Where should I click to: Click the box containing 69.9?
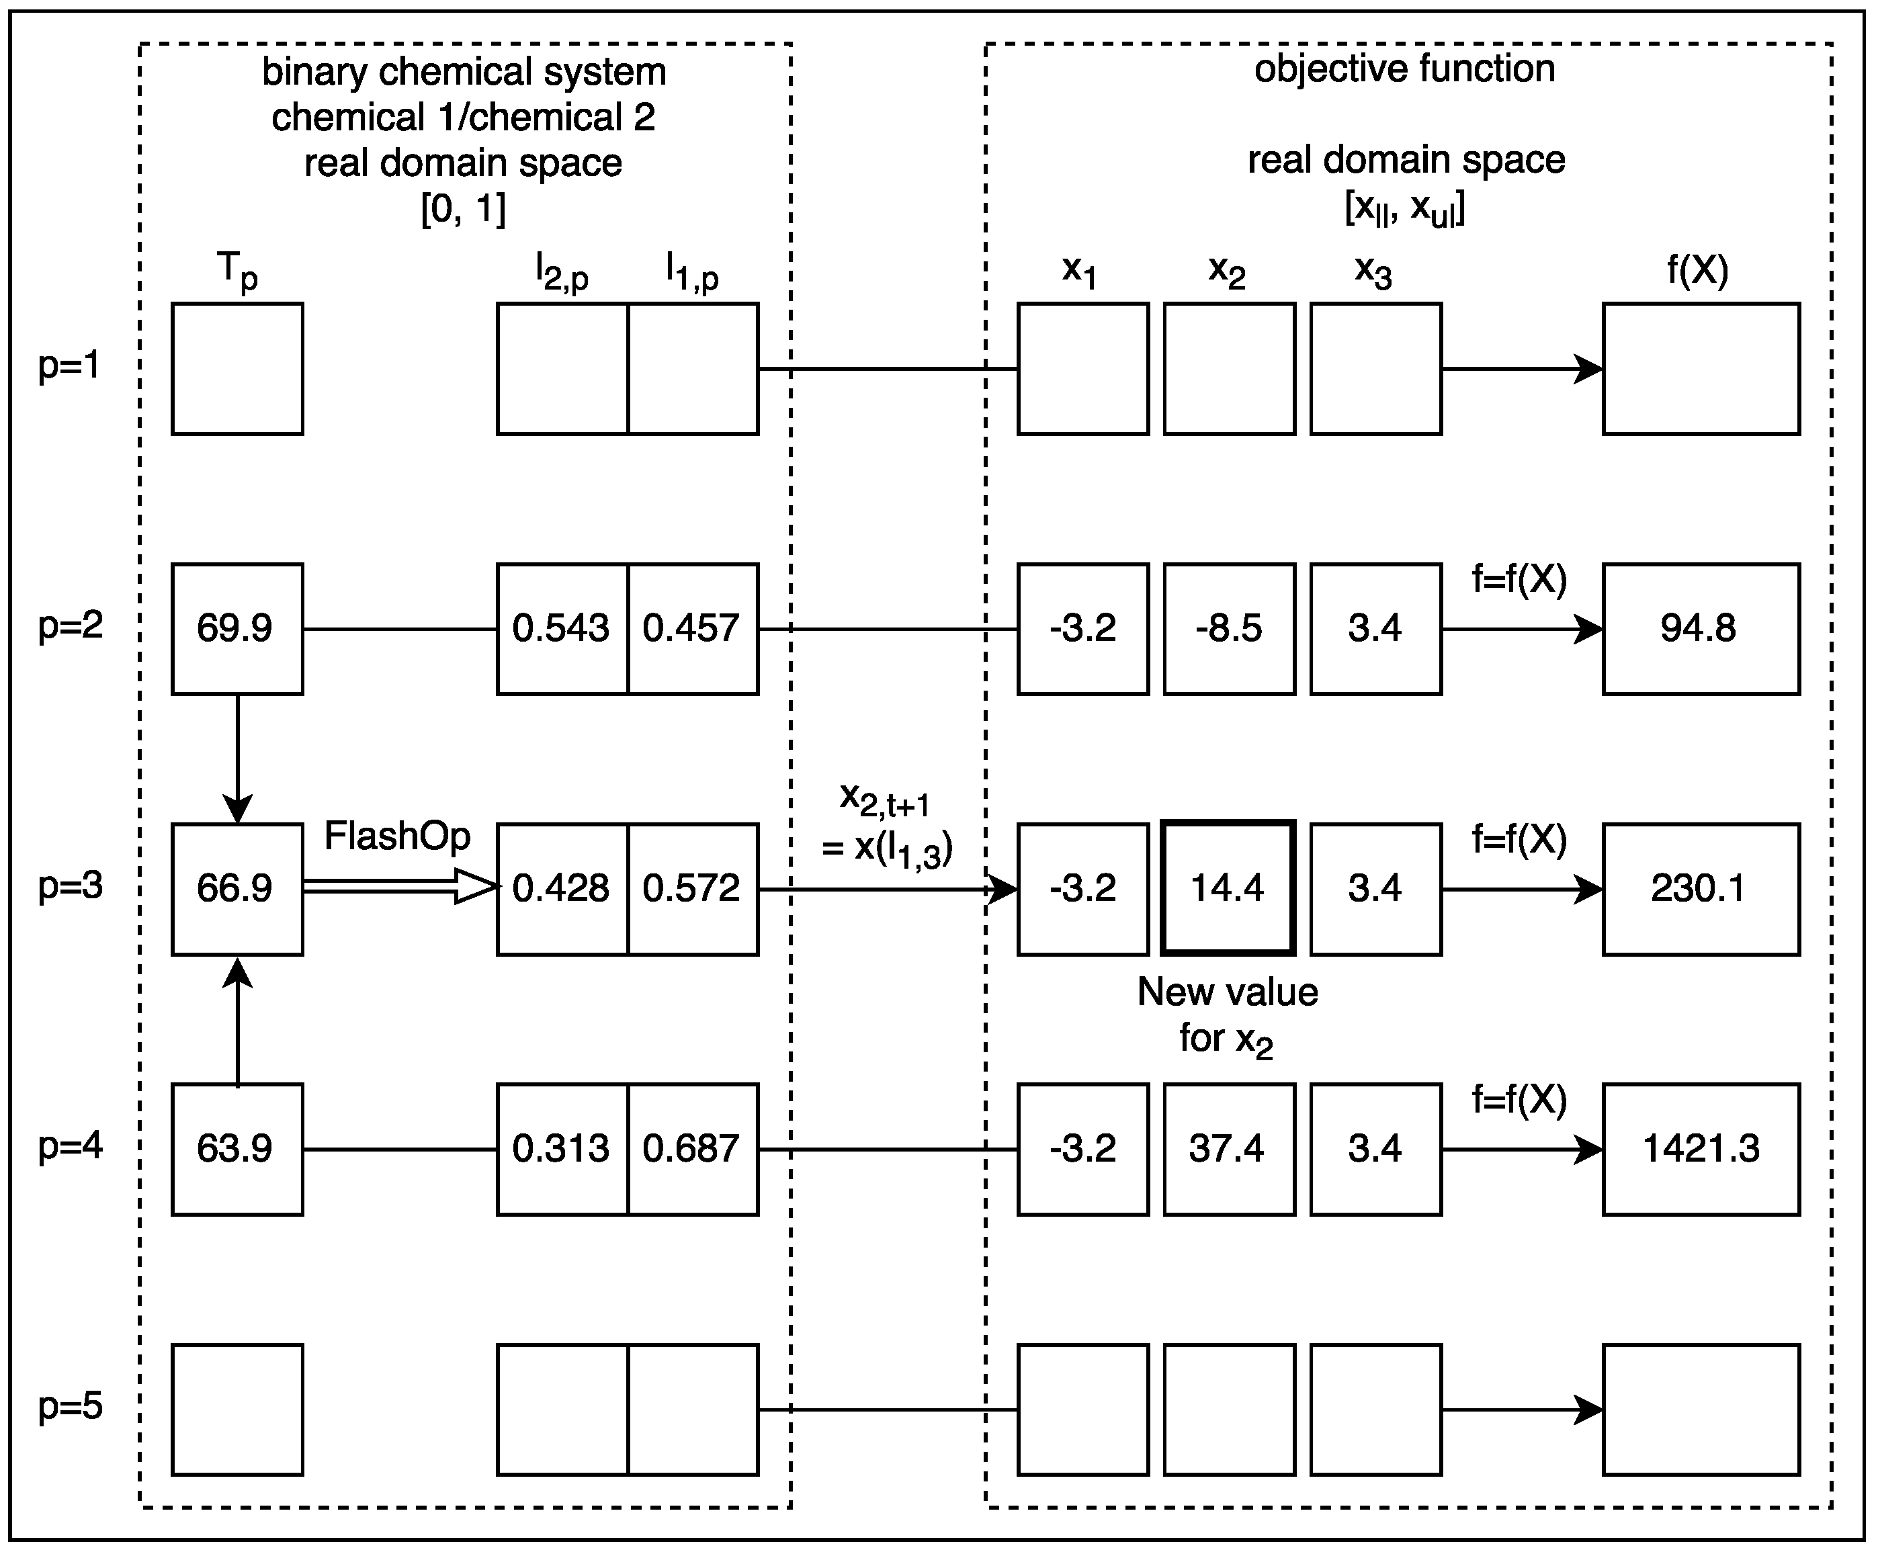pos(237,629)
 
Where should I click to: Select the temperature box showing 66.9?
pos(237,889)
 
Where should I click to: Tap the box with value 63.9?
pos(237,1149)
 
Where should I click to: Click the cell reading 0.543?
pos(562,629)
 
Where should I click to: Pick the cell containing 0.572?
pos(692,889)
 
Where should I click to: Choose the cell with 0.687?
pos(692,1149)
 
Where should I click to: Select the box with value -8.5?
pos(1229,629)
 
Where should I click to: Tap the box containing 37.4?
pos(1229,1149)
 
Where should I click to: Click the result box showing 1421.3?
pos(1700,1149)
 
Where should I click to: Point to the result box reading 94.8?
pos(1700,629)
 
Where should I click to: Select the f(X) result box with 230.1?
pos(1700,889)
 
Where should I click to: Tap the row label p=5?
pos(70,1406)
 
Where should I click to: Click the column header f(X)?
pos(1697,269)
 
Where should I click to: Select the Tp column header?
pos(237,270)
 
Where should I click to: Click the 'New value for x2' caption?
pos(1227,1016)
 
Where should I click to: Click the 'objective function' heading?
pos(1404,69)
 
